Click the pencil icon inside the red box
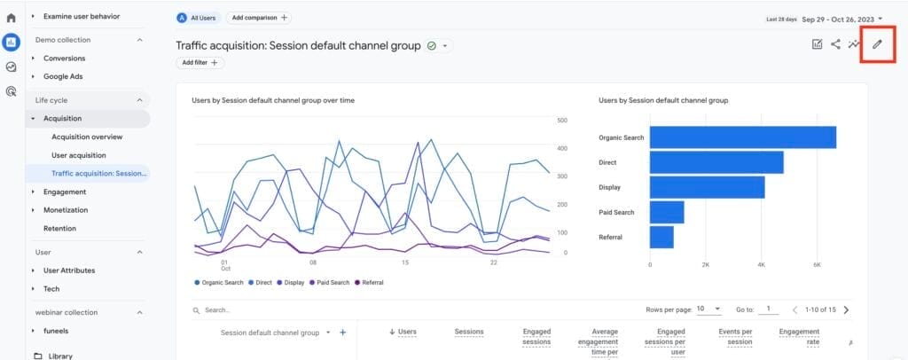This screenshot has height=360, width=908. click(x=878, y=44)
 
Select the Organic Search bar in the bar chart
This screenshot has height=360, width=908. click(x=742, y=137)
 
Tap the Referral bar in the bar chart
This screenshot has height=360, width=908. click(x=661, y=237)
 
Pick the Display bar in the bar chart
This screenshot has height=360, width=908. click(x=707, y=187)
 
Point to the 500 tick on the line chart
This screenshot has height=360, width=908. click(x=562, y=120)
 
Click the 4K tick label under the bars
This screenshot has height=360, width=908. click(x=762, y=264)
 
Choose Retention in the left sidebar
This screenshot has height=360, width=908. click(x=59, y=228)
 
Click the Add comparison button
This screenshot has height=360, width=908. click(x=258, y=17)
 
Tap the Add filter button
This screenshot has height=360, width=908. click(x=200, y=63)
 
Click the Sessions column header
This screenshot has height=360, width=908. click(x=469, y=332)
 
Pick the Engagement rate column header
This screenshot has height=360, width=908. click(x=798, y=336)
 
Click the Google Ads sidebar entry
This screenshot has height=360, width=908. click(x=63, y=76)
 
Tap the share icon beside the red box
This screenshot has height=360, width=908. click(x=835, y=44)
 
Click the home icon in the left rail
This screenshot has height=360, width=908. click(x=12, y=17)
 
